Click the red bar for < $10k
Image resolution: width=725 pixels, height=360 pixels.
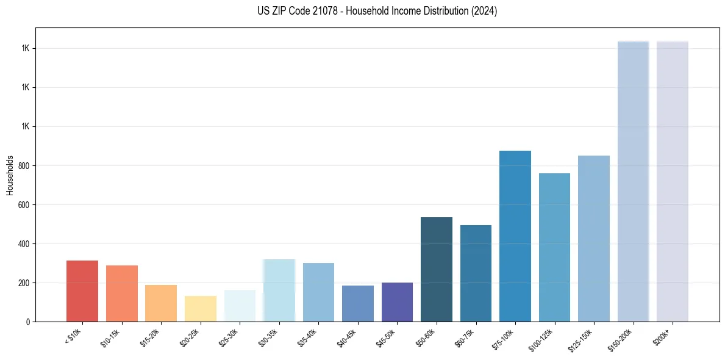(82, 291)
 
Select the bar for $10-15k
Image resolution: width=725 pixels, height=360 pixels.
(121, 293)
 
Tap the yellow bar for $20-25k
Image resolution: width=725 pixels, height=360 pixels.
(200, 309)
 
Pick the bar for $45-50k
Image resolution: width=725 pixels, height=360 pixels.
(397, 302)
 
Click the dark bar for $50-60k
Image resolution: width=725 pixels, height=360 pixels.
(437, 269)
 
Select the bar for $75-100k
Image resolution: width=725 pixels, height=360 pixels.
(515, 236)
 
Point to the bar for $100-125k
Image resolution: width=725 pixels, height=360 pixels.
(554, 247)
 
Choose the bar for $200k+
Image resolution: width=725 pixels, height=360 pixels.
(673, 181)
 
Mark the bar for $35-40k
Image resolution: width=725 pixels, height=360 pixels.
(318, 292)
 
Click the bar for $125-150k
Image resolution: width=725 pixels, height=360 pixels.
(594, 239)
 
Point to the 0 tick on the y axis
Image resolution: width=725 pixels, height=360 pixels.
(29, 322)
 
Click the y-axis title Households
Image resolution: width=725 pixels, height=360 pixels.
(10, 175)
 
